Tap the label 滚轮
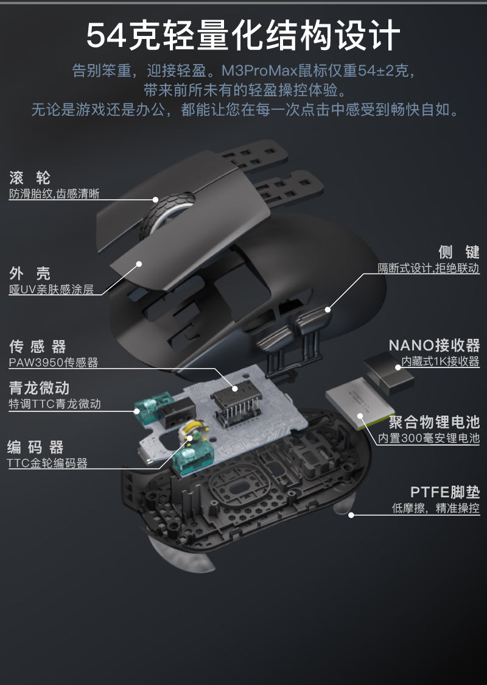tap(30, 178)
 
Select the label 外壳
tap(30, 273)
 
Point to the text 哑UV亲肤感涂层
tap(51, 289)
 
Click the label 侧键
tap(458, 252)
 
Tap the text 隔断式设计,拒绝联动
tap(428, 268)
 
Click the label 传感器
tap(37, 347)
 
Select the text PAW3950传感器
tap(53, 363)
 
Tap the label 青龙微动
tap(39, 388)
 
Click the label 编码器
tap(35, 447)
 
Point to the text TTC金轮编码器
tap(47, 463)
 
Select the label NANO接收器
tap(434, 346)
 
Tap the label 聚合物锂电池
tap(434, 422)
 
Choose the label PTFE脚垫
tap(444, 492)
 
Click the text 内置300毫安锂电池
tap(429, 438)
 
